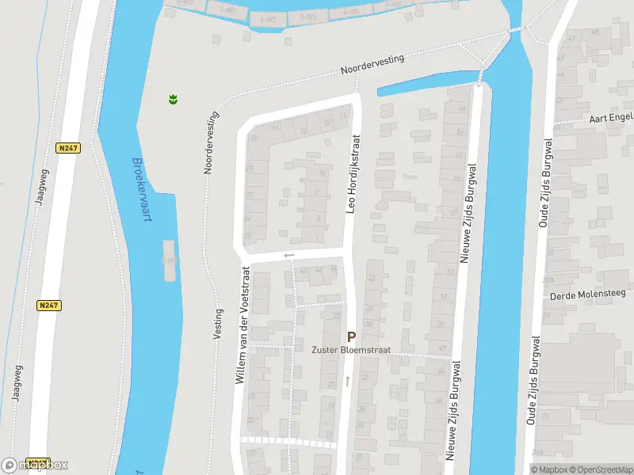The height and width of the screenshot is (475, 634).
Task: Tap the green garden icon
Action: point(172,100)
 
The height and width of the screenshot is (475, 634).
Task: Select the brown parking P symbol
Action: point(351,336)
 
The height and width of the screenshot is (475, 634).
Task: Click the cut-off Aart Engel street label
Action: point(611,118)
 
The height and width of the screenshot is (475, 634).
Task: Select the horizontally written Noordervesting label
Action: point(372,64)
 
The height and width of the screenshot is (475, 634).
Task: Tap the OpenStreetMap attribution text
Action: point(599,469)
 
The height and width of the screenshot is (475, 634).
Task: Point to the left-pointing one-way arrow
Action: point(288,255)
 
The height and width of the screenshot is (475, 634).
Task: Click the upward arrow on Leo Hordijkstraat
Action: point(347,382)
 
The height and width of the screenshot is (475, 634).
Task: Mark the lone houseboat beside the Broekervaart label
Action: point(168,260)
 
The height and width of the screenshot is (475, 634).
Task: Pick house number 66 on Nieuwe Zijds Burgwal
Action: point(461,135)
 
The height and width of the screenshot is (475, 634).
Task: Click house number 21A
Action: point(537,452)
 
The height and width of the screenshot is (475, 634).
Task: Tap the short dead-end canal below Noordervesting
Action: point(428,82)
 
